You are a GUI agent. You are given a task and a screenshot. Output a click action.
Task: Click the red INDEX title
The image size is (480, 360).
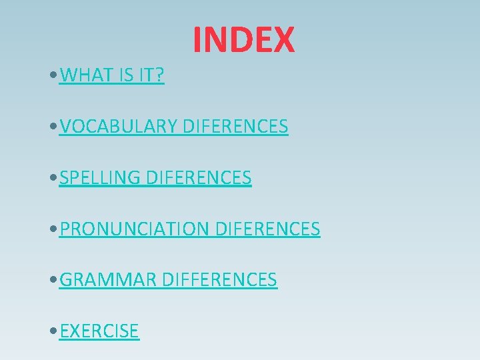point(243,39)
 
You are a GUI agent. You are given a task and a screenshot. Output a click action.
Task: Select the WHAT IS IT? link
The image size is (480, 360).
point(111,75)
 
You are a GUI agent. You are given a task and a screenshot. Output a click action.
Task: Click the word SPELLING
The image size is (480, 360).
point(100,178)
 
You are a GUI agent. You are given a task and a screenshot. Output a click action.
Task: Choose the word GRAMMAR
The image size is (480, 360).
point(108,280)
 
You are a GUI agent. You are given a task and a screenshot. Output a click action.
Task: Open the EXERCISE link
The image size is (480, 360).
point(99,331)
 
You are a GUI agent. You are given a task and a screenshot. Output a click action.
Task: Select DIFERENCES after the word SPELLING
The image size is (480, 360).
point(198,178)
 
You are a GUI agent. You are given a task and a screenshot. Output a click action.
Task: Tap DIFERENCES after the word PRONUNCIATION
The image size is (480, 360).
point(267,229)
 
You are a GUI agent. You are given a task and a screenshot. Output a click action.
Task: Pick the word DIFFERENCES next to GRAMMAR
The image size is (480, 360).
point(219,280)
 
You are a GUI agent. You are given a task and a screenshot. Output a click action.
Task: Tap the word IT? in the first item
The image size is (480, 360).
point(151,75)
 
